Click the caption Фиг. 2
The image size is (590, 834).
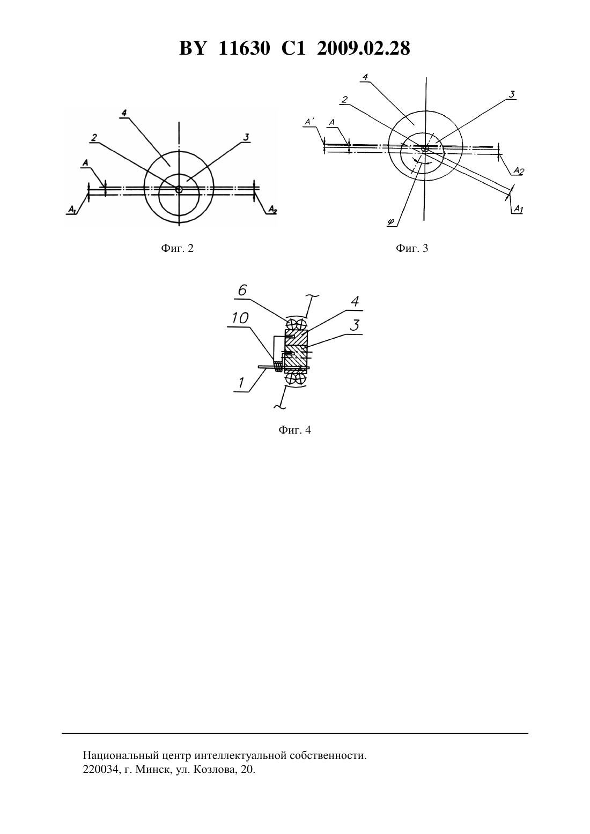[x=178, y=248]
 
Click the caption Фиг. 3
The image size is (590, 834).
[x=412, y=248]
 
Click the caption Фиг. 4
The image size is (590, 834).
[x=294, y=430]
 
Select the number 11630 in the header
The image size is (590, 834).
[x=244, y=48]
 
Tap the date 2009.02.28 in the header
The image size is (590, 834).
[x=364, y=48]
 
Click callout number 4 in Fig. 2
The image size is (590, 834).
[x=124, y=113]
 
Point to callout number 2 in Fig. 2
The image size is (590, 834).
[x=94, y=138]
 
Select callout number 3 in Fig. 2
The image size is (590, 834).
[x=246, y=137]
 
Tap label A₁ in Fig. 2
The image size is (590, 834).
[x=71, y=210]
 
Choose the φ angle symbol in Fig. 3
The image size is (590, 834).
[x=390, y=222]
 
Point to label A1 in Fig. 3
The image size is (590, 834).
[x=519, y=210]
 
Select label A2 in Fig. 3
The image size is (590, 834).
[x=519, y=171]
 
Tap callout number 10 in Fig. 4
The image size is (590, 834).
[x=240, y=318]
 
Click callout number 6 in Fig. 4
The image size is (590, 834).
[x=242, y=290]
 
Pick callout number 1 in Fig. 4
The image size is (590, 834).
[x=241, y=383]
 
